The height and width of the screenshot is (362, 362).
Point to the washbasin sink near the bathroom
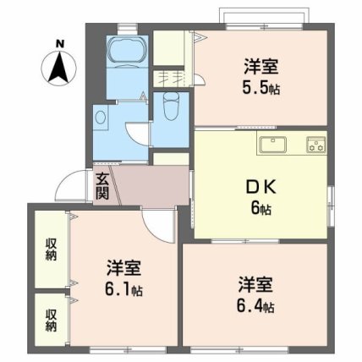click(x=102, y=119)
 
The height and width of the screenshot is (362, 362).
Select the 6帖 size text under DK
click(x=260, y=209)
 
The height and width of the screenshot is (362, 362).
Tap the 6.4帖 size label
click(x=255, y=305)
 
